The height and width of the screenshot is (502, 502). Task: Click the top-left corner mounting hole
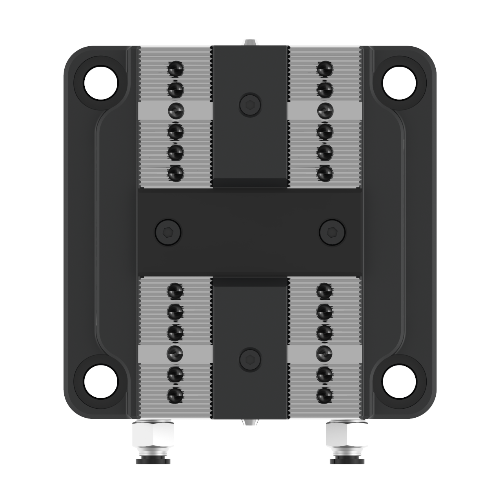coord(101,84)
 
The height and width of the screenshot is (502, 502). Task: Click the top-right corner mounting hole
coord(399,84)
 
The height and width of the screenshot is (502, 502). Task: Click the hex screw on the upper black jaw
coord(250,104)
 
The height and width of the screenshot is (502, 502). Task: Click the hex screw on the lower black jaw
coord(250,358)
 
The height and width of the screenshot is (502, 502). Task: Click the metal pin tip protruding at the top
coord(249,42)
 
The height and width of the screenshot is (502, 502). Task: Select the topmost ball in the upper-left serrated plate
coord(175,70)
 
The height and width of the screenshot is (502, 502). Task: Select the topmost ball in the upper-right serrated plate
coord(325,70)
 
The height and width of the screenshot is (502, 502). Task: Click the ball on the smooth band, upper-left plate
coord(176,111)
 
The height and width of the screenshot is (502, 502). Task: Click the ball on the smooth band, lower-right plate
coord(325,353)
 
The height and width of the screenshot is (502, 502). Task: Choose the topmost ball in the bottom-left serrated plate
coord(175,291)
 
